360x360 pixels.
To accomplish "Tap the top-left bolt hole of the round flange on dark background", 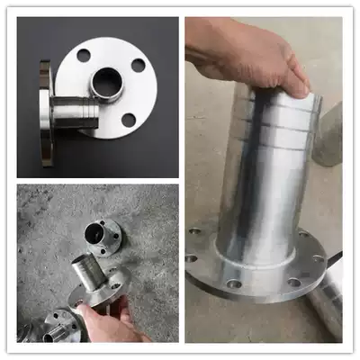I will click(84, 56).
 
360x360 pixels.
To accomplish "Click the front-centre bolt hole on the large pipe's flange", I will click(235, 283).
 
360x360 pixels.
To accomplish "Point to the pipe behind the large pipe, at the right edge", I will click(329, 135).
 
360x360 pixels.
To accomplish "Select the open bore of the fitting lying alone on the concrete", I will click(95, 231).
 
